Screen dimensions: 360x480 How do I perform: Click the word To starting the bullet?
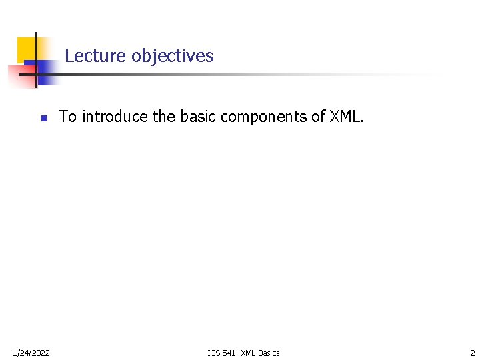(x=68, y=117)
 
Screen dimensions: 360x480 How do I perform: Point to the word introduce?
(x=115, y=117)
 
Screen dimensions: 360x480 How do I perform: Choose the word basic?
(x=197, y=117)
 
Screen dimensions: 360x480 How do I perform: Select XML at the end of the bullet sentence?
(x=345, y=117)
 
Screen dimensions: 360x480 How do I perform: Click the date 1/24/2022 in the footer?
(x=31, y=353)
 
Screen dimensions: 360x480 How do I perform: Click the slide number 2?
(x=473, y=353)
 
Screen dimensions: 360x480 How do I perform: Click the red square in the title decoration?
(x=16, y=75)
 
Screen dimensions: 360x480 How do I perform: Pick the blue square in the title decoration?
(x=45, y=72)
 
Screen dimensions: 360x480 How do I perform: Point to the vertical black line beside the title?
(x=35, y=60)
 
